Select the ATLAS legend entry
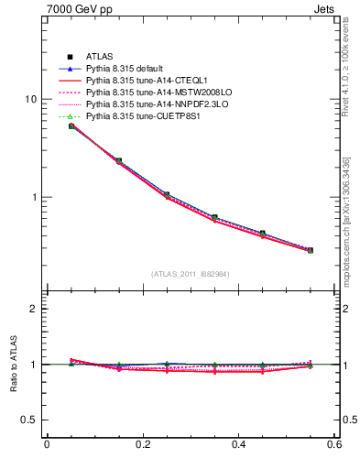(x=101, y=57)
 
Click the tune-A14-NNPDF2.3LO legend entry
(x=153, y=104)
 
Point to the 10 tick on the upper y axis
(x=34, y=99)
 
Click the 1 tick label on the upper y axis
(x=37, y=197)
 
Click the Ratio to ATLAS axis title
(x=12, y=365)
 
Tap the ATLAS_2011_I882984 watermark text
(x=191, y=273)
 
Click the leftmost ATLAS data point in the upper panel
(x=71, y=125)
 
